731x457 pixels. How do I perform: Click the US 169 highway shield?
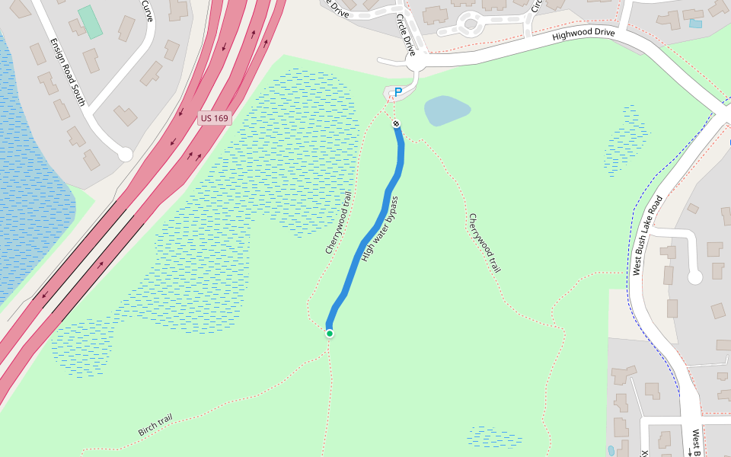tap(214, 118)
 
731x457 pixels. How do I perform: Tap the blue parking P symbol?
tap(397, 92)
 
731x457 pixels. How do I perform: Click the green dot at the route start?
tap(329, 333)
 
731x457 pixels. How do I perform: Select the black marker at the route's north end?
tap(396, 123)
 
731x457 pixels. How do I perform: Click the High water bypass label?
tap(380, 229)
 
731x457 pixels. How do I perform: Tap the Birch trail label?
tap(155, 424)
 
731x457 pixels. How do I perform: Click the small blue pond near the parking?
tap(447, 110)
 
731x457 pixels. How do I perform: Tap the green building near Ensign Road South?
tap(91, 21)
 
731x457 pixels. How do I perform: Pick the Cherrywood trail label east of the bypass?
tap(485, 243)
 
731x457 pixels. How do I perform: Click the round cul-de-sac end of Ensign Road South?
tap(125, 155)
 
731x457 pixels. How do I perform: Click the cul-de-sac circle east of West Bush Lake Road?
tap(694, 277)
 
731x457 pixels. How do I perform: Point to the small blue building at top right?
tap(695, 24)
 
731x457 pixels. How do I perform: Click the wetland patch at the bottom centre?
tap(495, 437)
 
